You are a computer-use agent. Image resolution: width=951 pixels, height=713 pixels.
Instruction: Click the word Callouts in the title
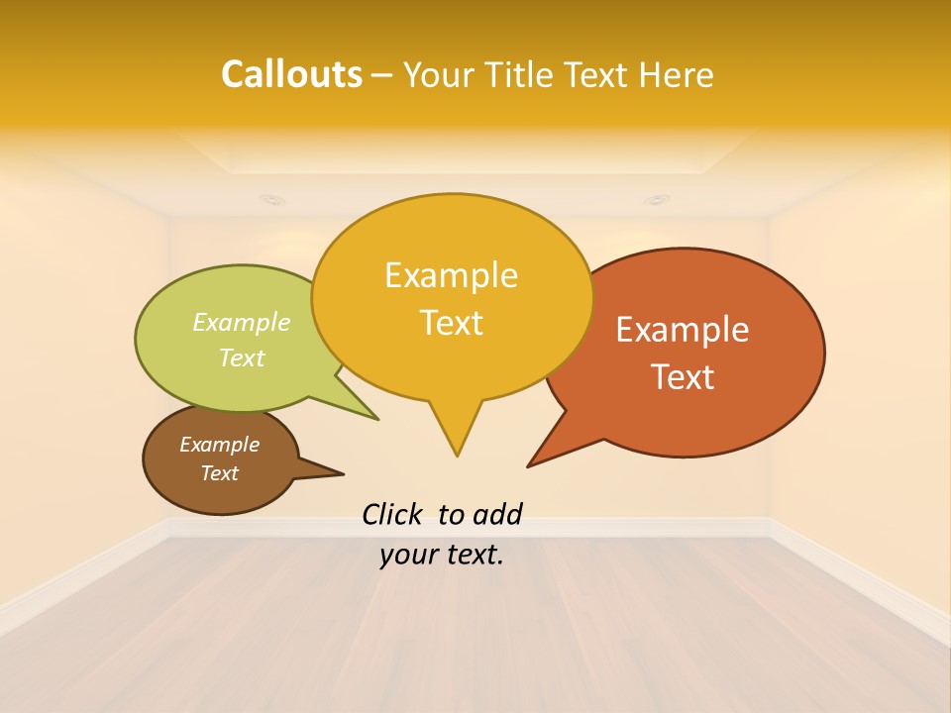pos(291,74)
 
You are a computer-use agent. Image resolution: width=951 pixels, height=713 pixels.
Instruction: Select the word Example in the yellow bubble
pos(451,274)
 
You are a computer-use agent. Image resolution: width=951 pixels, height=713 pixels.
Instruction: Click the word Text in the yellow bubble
pos(452,323)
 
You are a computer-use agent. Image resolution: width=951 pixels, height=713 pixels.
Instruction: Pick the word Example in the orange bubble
pos(683,329)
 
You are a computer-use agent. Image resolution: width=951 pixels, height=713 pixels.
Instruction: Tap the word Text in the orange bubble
pos(684,377)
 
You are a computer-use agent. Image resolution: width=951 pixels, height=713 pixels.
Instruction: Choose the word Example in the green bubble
pos(242,322)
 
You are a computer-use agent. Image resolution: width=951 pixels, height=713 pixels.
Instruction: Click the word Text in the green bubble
pos(242,357)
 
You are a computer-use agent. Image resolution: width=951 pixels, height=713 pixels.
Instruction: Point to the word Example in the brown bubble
pos(219,445)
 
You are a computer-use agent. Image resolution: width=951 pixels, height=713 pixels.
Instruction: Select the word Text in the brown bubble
pos(219,473)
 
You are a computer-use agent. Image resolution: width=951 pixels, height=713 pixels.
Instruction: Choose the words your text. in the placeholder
pos(442,555)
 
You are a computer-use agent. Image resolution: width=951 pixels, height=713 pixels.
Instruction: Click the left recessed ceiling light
pos(270,199)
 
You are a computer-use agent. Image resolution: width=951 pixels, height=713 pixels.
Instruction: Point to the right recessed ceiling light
pos(657,199)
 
